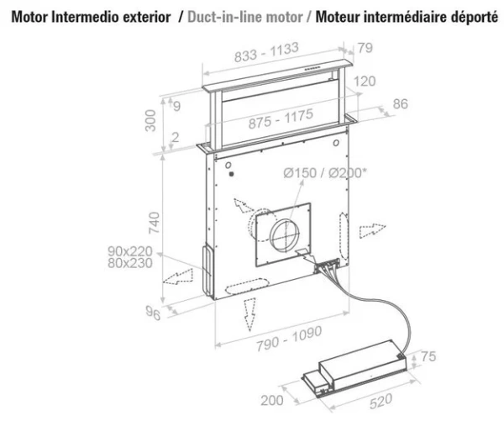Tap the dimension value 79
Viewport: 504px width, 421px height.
click(365, 48)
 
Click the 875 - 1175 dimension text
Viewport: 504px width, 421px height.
click(282, 123)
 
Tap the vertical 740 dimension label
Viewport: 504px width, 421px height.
click(152, 222)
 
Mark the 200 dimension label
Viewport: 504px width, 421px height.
click(272, 400)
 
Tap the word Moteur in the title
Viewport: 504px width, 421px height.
click(342, 18)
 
